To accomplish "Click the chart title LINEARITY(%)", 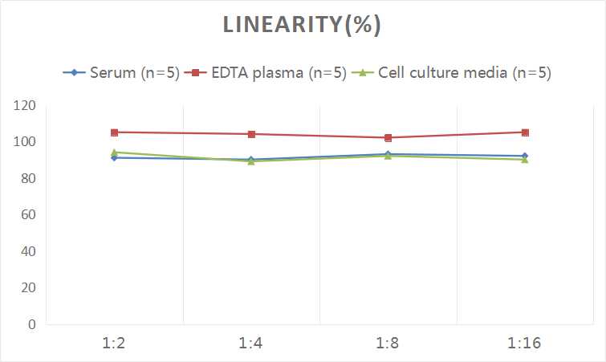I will (302, 25).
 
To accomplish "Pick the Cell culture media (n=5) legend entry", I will (463, 73).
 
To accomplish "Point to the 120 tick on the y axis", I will (26, 105).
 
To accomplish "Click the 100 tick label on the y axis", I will (26, 142).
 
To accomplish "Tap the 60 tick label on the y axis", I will (29, 215).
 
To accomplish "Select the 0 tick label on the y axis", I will (32, 324).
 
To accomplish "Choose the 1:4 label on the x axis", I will (251, 344).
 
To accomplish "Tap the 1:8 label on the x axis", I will (388, 344).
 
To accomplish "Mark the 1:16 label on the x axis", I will (525, 344).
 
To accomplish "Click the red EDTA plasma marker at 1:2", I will (115, 132).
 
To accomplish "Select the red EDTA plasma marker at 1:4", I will (251, 134).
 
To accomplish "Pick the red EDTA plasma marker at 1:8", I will (388, 138).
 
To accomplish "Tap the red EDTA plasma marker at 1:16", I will (525, 132).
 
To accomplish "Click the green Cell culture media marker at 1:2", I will (115, 152).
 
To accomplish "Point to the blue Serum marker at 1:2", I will (115, 158).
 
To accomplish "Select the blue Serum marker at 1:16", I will (525, 156).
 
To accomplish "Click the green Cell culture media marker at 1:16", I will (525, 160).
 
